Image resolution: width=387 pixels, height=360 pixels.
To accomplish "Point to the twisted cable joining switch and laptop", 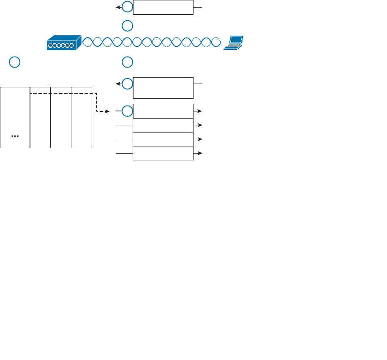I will (152, 42).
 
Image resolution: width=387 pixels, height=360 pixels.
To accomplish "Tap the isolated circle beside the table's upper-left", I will (15, 62).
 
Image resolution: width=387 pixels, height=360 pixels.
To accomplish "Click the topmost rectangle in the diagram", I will (163, 8).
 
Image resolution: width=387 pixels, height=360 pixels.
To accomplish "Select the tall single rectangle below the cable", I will (163, 88).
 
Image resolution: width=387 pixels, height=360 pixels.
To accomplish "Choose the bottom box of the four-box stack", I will (163, 153).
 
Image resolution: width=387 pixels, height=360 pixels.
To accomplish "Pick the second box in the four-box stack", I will (163, 125).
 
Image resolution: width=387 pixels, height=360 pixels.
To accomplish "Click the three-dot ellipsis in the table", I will (15, 136).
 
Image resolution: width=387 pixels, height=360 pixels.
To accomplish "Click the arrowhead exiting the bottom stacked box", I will (200, 153).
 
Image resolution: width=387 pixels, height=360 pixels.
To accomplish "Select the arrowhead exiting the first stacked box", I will (200, 111).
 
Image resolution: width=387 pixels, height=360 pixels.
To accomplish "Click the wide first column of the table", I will (15, 117).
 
